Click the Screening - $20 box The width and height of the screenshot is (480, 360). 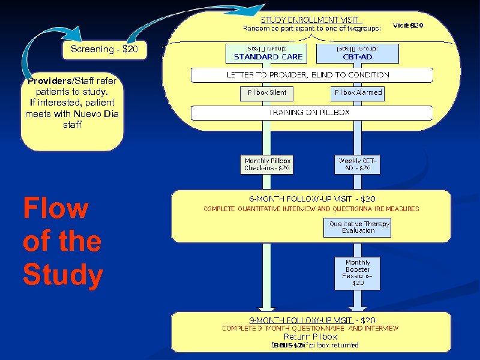tap(104, 50)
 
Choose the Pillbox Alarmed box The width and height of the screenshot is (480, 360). tap(358, 93)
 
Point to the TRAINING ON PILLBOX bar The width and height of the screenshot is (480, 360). tap(311, 113)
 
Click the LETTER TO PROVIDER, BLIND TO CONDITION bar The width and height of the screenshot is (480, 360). tap(311, 75)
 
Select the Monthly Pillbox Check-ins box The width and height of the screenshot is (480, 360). tap(268, 164)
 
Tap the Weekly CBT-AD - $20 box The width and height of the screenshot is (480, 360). tap(358, 164)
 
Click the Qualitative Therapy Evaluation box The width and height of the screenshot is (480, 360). tap(359, 227)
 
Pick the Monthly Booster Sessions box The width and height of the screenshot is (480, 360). tap(358, 272)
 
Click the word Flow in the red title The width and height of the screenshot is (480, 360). tap(55, 209)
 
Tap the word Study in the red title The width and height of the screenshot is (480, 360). tap(63, 275)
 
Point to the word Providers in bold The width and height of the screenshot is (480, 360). tap(49, 81)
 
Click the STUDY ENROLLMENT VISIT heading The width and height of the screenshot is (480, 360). tap(311, 19)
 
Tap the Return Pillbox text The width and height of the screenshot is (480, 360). tap(310, 337)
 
